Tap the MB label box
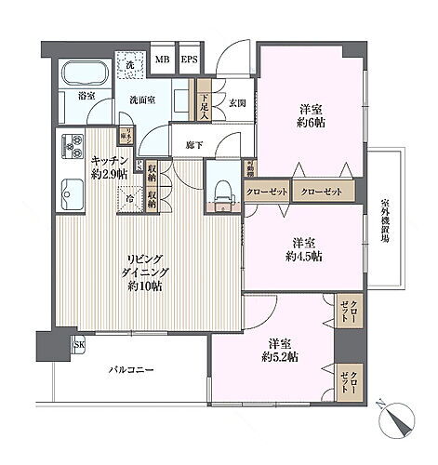click(x=162, y=61)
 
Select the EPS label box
click(x=189, y=61)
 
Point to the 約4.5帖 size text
click(x=304, y=255)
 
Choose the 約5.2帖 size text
click(x=280, y=356)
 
